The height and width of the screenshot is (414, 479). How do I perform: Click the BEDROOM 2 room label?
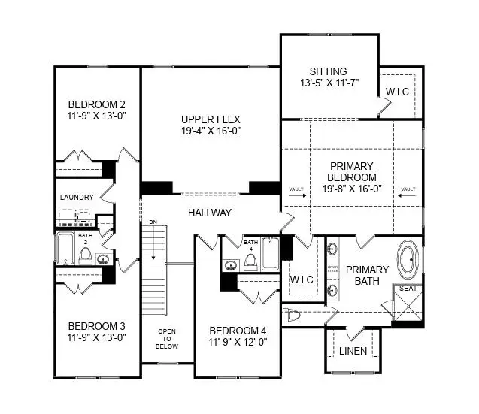tap(96, 104)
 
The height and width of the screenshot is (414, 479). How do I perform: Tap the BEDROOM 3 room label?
tap(96, 326)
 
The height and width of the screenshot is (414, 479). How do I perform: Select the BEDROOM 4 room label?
tap(237, 331)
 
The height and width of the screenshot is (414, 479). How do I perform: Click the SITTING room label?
tap(328, 70)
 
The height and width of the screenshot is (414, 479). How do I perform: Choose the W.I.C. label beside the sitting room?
tap(397, 92)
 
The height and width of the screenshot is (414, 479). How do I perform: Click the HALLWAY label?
tap(210, 213)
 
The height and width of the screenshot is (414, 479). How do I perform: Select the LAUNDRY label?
tap(76, 198)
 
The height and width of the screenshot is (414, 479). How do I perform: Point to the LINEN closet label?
tap(353, 351)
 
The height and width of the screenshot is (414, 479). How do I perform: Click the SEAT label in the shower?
tap(408, 288)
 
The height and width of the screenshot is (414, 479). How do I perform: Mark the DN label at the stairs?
tap(153, 223)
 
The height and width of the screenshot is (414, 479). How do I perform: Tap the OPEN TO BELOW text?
tap(167, 339)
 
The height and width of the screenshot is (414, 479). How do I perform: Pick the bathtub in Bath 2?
tap(65, 248)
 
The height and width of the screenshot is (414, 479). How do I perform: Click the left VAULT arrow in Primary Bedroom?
tap(297, 194)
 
